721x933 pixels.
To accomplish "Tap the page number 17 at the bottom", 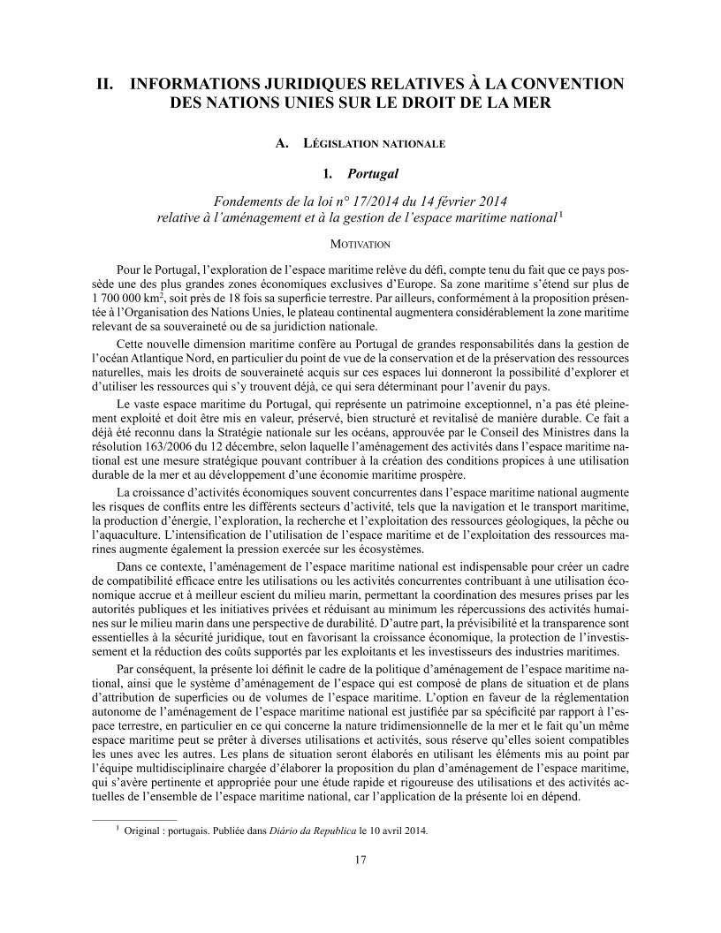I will pos(360,860).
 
